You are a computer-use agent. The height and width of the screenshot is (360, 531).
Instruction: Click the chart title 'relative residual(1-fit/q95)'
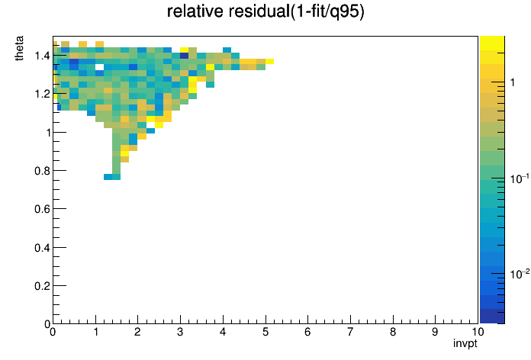[x=265, y=12]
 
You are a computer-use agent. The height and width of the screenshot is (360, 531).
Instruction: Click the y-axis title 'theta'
[x=19, y=48]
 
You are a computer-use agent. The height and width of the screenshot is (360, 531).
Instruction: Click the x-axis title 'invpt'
[x=465, y=343]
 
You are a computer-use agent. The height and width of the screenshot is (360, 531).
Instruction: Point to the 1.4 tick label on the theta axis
[x=42, y=56]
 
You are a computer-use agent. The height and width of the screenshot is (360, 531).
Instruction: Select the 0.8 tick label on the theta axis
[x=42, y=171]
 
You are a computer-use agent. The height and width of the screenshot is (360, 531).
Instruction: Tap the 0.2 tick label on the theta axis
[x=42, y=286]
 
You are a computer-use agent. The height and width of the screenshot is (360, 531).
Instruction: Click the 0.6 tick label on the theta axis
[x=42, y=209]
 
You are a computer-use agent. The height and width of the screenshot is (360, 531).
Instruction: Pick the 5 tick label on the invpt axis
[x=265, y=332]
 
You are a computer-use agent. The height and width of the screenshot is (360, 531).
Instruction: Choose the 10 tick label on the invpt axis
[x=478, y=332]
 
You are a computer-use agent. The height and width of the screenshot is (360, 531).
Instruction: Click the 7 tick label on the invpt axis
[x=350, y=332]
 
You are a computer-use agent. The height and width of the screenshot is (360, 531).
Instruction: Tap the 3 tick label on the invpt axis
[x=180, y=332]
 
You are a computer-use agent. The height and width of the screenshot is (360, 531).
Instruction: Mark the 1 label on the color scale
[x=513, y=82]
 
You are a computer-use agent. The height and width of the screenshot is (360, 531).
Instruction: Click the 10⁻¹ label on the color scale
[x=520, y=178]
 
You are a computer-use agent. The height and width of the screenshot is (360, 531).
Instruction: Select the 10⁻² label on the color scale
[x=520, y=274]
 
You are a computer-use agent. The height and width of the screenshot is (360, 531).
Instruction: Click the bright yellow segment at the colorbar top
[x=492, y=43]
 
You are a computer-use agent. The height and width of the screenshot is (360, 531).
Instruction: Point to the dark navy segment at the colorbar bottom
[x=492, y=316]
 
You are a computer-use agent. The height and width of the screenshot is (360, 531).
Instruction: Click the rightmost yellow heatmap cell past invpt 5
[x=269, y=61]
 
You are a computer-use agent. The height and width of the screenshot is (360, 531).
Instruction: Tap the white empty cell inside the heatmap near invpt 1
[x=99, y=67]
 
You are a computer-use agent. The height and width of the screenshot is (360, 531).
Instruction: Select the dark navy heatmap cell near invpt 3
[x=184, y=56]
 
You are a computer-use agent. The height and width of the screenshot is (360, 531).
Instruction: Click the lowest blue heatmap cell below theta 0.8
[x=108, y=177]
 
